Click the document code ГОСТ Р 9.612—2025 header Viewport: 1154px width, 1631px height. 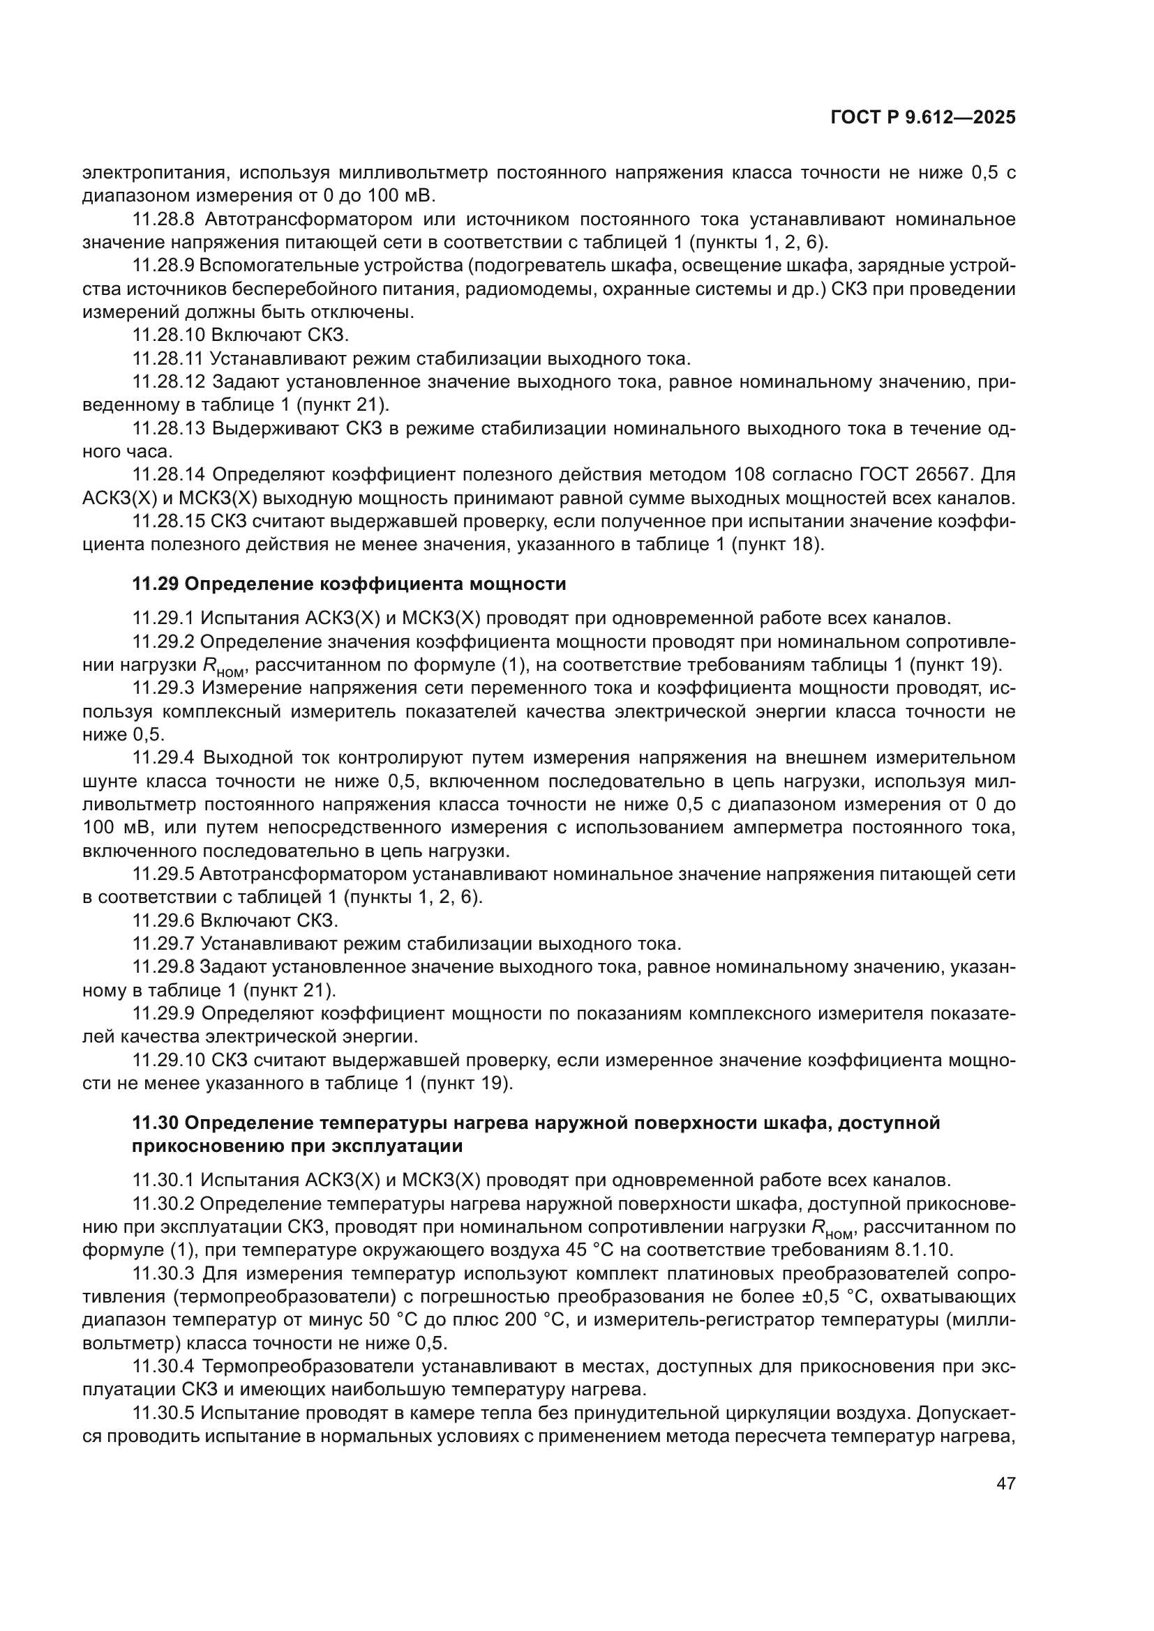922,118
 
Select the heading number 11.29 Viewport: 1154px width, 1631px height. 156,584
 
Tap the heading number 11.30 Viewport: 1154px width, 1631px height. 156,1123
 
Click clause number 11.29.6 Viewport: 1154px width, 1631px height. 163,920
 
